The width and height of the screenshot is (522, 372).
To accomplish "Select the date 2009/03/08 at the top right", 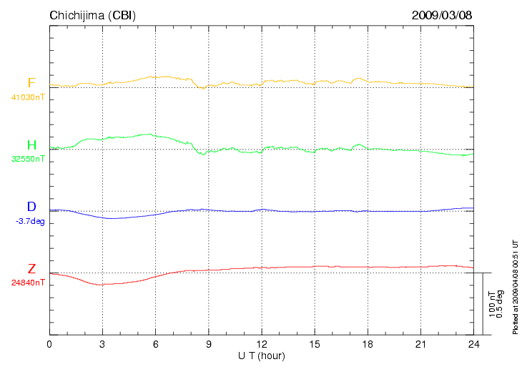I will coord(442,15).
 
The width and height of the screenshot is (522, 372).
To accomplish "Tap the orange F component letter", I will coord(31,83).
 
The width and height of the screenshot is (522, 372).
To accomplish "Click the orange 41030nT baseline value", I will coord(28,96).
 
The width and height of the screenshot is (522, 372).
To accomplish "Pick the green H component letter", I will coord(31,146).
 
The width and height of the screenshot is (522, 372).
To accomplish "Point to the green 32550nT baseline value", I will coord(28,159).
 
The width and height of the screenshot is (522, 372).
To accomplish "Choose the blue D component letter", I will coord(31,208).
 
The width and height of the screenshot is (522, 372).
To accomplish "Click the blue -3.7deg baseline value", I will coord(30,221).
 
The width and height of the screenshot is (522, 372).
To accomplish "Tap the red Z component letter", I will coord(31,270).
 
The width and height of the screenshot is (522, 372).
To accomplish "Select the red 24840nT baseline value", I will coord(28,283).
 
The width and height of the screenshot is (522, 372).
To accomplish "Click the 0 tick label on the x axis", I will coord(49,344).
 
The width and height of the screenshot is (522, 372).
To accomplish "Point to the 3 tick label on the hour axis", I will coord(102,344).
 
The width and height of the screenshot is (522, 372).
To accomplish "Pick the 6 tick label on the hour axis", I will coord(155,344).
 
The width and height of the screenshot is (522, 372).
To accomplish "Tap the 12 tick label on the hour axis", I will coord(262,344).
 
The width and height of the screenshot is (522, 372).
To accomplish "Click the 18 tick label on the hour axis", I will coord(368,344).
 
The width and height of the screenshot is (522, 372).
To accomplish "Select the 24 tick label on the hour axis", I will coord(473,344).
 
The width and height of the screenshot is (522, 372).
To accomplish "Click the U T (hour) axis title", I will coord(262,356).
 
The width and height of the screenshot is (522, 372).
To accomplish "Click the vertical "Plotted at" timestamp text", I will coord(515,286).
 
